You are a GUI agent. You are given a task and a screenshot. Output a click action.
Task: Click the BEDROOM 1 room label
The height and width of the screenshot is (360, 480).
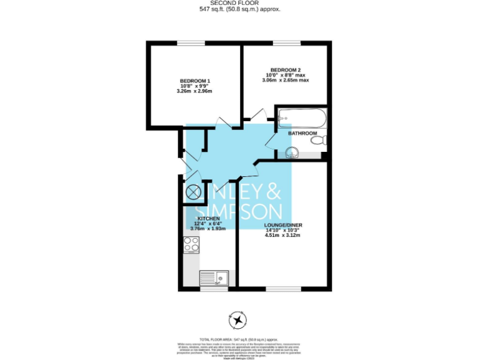click(x=195, y=81)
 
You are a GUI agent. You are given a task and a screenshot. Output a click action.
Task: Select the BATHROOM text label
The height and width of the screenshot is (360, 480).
click(x=302, y=133)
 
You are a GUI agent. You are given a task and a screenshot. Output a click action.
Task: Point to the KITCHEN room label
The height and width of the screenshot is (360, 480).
click(x=209, y=218)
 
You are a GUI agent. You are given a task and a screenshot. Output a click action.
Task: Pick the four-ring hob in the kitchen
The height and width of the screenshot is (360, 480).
click(x=192, y=244)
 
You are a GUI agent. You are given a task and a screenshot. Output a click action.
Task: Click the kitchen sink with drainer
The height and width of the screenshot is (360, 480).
click(x=214, y=277)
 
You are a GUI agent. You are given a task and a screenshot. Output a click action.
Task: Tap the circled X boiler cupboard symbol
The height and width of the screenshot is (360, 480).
click(x=193, y=192)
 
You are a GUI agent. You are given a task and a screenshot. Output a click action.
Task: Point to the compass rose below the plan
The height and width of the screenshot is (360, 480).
click(x=238, y=321)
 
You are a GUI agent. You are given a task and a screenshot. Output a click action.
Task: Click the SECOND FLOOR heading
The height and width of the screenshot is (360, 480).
click(x=240, y=3)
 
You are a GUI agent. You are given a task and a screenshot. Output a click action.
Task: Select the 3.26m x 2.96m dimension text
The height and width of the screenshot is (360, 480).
click(x=195, y=91)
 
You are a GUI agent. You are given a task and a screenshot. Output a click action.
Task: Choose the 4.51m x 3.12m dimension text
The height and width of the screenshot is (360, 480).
click(x=282, y=236)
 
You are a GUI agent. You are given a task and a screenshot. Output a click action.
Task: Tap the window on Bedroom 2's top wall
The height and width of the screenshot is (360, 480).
click(x=286, y=42)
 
